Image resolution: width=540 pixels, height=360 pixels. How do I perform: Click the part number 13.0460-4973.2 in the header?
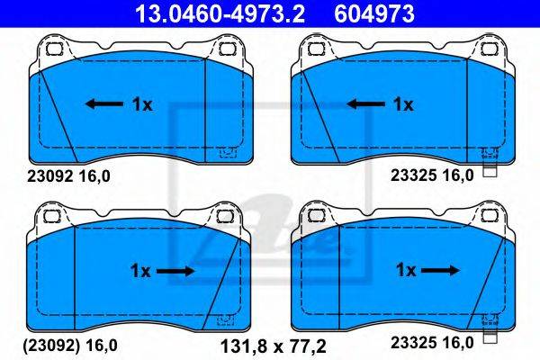[220, 13]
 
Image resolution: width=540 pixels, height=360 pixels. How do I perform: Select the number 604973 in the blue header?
[374, 13]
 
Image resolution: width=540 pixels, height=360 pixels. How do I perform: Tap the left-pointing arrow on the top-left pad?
[104, 103]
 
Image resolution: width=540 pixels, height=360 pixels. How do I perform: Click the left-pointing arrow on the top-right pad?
[365, 103]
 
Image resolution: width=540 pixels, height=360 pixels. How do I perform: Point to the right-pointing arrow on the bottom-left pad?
[175, 271]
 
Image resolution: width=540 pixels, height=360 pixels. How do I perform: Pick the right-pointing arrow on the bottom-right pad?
[440, 270]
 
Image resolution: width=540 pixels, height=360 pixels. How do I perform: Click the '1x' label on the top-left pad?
[142, 104]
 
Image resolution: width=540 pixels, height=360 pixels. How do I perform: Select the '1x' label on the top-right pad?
[403, 104]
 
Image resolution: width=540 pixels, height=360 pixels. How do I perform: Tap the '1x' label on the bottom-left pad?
[140, 271]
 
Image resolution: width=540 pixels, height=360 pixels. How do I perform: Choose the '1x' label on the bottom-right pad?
[407, 270]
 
